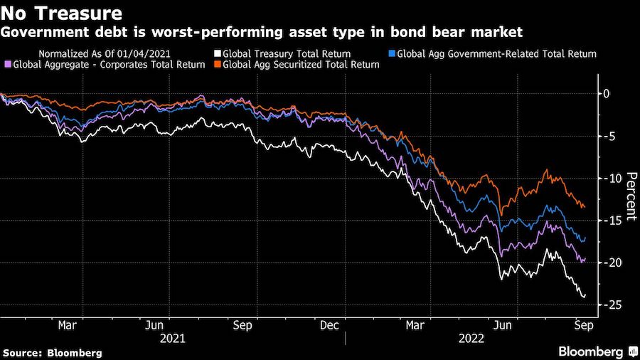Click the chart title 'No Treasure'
pos(62,13)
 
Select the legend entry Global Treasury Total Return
pos(283,53)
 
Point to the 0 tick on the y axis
pos(606,93)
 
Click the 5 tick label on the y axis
pos(606,136)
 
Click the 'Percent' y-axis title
pos(628,198)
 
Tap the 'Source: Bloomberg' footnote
pos(53,352)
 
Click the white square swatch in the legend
pos(218,53)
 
